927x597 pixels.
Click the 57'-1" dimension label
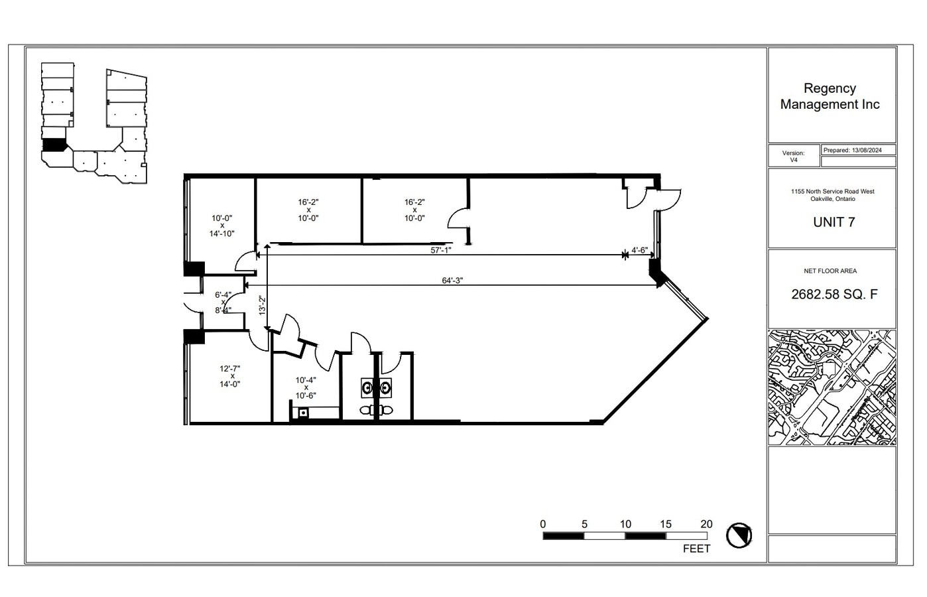coord(441,250)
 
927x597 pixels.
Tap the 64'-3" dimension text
coord(452,280)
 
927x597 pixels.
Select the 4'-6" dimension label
coord(639,250)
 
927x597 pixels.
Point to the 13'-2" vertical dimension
coord(261,308)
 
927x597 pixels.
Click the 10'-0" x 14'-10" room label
coord(222,226)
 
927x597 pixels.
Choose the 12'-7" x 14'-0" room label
coord(229,375)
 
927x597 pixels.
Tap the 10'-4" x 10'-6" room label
coord(306,387)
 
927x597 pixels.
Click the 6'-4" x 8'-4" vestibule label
coord(223,302)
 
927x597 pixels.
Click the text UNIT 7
coord(834,222)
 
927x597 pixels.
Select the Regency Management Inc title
coord(830,96)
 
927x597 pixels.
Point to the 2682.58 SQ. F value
coord(834,294)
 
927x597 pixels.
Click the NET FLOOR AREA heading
coord(830,271)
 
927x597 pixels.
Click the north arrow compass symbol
coord(739,535)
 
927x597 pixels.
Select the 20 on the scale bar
coord(706,524)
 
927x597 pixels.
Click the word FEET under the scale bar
coord(696,549)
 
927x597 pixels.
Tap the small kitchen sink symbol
coord(303,413)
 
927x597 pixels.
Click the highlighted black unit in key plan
coord(54,144)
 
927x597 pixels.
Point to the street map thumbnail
coord(832,387)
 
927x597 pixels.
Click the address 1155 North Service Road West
coord(832,191)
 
